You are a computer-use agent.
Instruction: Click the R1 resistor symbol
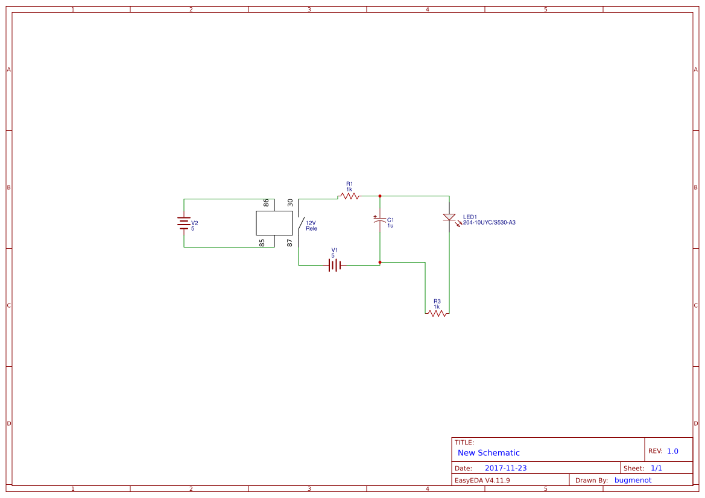click(x=349, y=196)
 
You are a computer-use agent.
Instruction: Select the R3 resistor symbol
click(x=437, y=313)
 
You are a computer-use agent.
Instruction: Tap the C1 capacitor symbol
click(x=380, y=221)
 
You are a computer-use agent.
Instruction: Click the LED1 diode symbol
click(x=449, y=217)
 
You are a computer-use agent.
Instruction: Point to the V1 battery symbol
click(x=335, y=265)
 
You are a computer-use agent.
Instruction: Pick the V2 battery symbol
click(x=184, y=223)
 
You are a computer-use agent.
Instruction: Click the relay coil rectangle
click(x=274, y=223)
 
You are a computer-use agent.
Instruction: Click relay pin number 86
click(x=266, y=203)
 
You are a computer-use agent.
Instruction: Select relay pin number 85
click(x=262, y=243)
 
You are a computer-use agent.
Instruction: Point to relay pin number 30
click(x=290, y=203)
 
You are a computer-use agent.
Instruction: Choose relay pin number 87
click(x=290, y=243)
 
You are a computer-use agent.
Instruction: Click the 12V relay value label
click(x=311, y=223)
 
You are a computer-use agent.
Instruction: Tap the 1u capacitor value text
click(x=390, y=225)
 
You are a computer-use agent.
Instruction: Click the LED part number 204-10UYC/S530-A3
click(x=489, y=222)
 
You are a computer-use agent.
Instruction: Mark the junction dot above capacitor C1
click(x=380, y=196)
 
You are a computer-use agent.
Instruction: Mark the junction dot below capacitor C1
click(x=380, y=262)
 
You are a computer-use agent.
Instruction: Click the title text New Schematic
click(x=488, y=453)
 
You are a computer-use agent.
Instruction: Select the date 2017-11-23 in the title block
click(x=505, y=468)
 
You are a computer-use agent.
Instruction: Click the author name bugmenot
click(x=633, y=480)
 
